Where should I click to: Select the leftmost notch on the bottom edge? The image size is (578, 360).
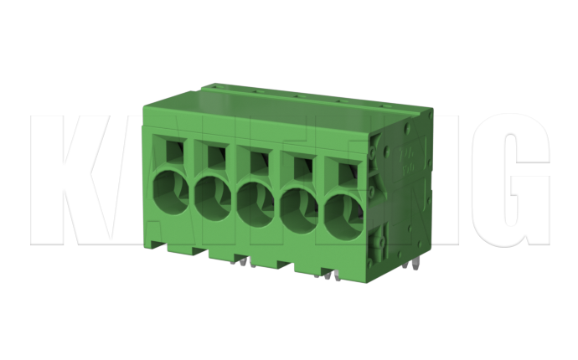point(199,250)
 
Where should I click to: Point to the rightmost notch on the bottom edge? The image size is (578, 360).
point(326,270)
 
